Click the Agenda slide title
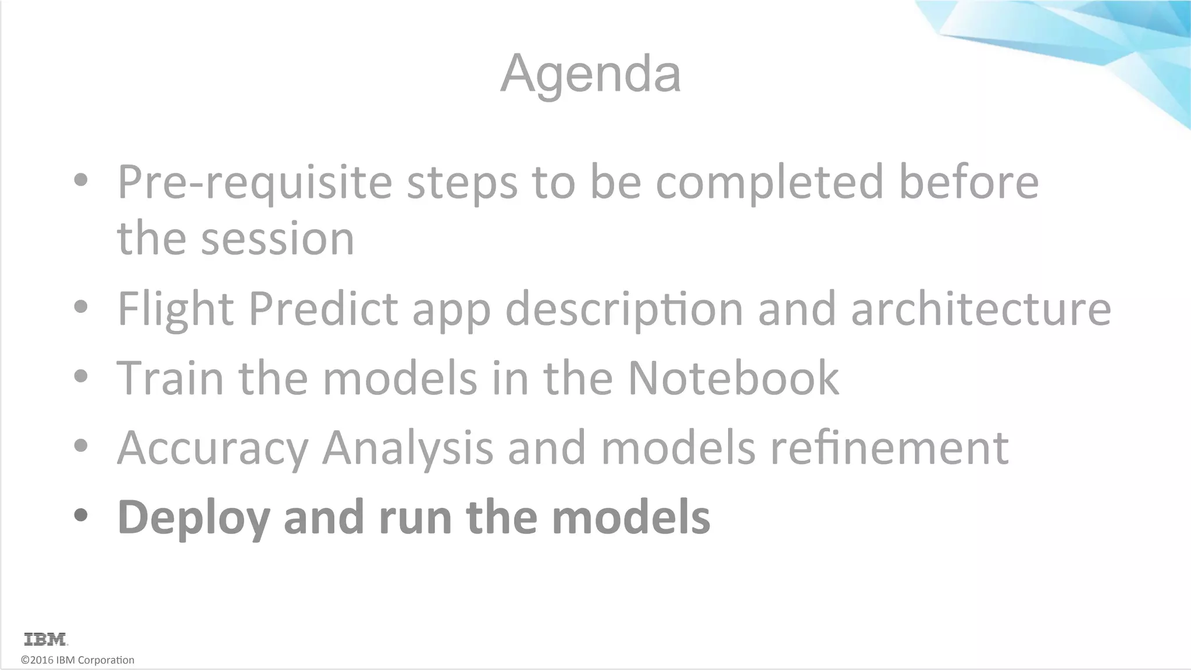point(590,74)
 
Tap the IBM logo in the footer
point(46,639)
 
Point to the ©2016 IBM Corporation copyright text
point(77,660)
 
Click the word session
point(277,238)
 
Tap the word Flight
point(176,309)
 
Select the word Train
point(170,378)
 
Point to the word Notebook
point(733,378)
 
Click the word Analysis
point(408,448)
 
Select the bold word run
point(415,518)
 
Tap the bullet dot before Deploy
point(81,515)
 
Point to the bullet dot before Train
point(81,376)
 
